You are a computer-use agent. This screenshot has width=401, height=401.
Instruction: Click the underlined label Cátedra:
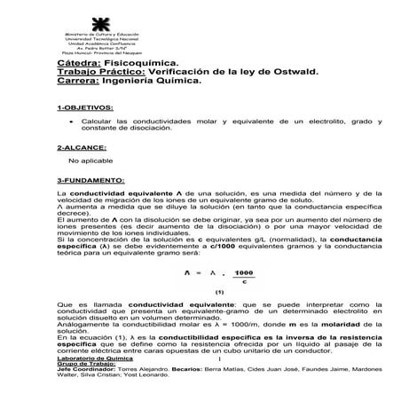coord(79,64)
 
